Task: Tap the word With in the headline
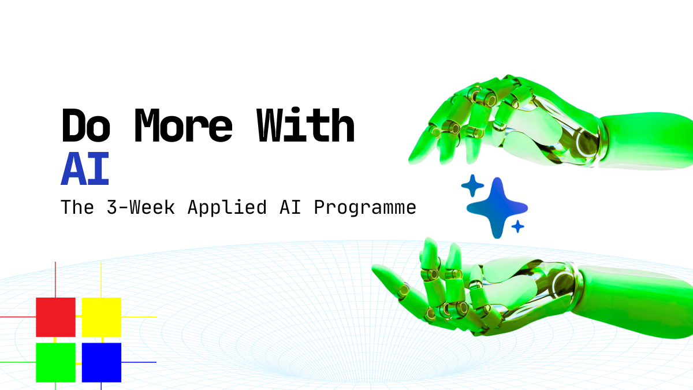coord(305,125)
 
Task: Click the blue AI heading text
coord(85,168)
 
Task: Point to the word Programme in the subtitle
coord(365,207)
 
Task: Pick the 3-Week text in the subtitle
coord(141,207)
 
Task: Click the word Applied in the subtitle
coord(227,207)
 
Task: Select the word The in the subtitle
coord(77,207)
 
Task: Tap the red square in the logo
coord(55,317)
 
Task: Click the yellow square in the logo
coord(102,317)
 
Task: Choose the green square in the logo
coord(55,362)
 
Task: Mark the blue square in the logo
coord(102,362)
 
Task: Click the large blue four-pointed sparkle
coord(497,207)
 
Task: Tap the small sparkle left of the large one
coord(472,185)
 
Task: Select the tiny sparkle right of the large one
coord(517,226)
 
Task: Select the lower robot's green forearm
coord(634,302)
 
